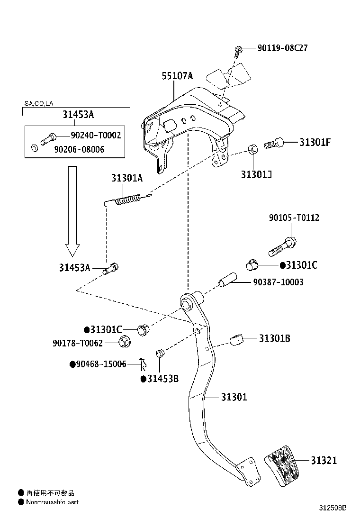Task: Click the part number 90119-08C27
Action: pos(282,48)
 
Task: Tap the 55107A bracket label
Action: pos(178,76)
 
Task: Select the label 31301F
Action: pos(315,142)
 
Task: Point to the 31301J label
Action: pos(256,174)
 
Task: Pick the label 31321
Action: pos(324,460)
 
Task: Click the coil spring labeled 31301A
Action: pos(127,199)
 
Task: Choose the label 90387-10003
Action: pos(278,282)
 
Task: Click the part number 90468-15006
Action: pos(98,364)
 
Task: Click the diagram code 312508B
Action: pos(332,508)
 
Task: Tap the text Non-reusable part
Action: pos(53,502)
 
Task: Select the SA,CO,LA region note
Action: pos(39,103)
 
